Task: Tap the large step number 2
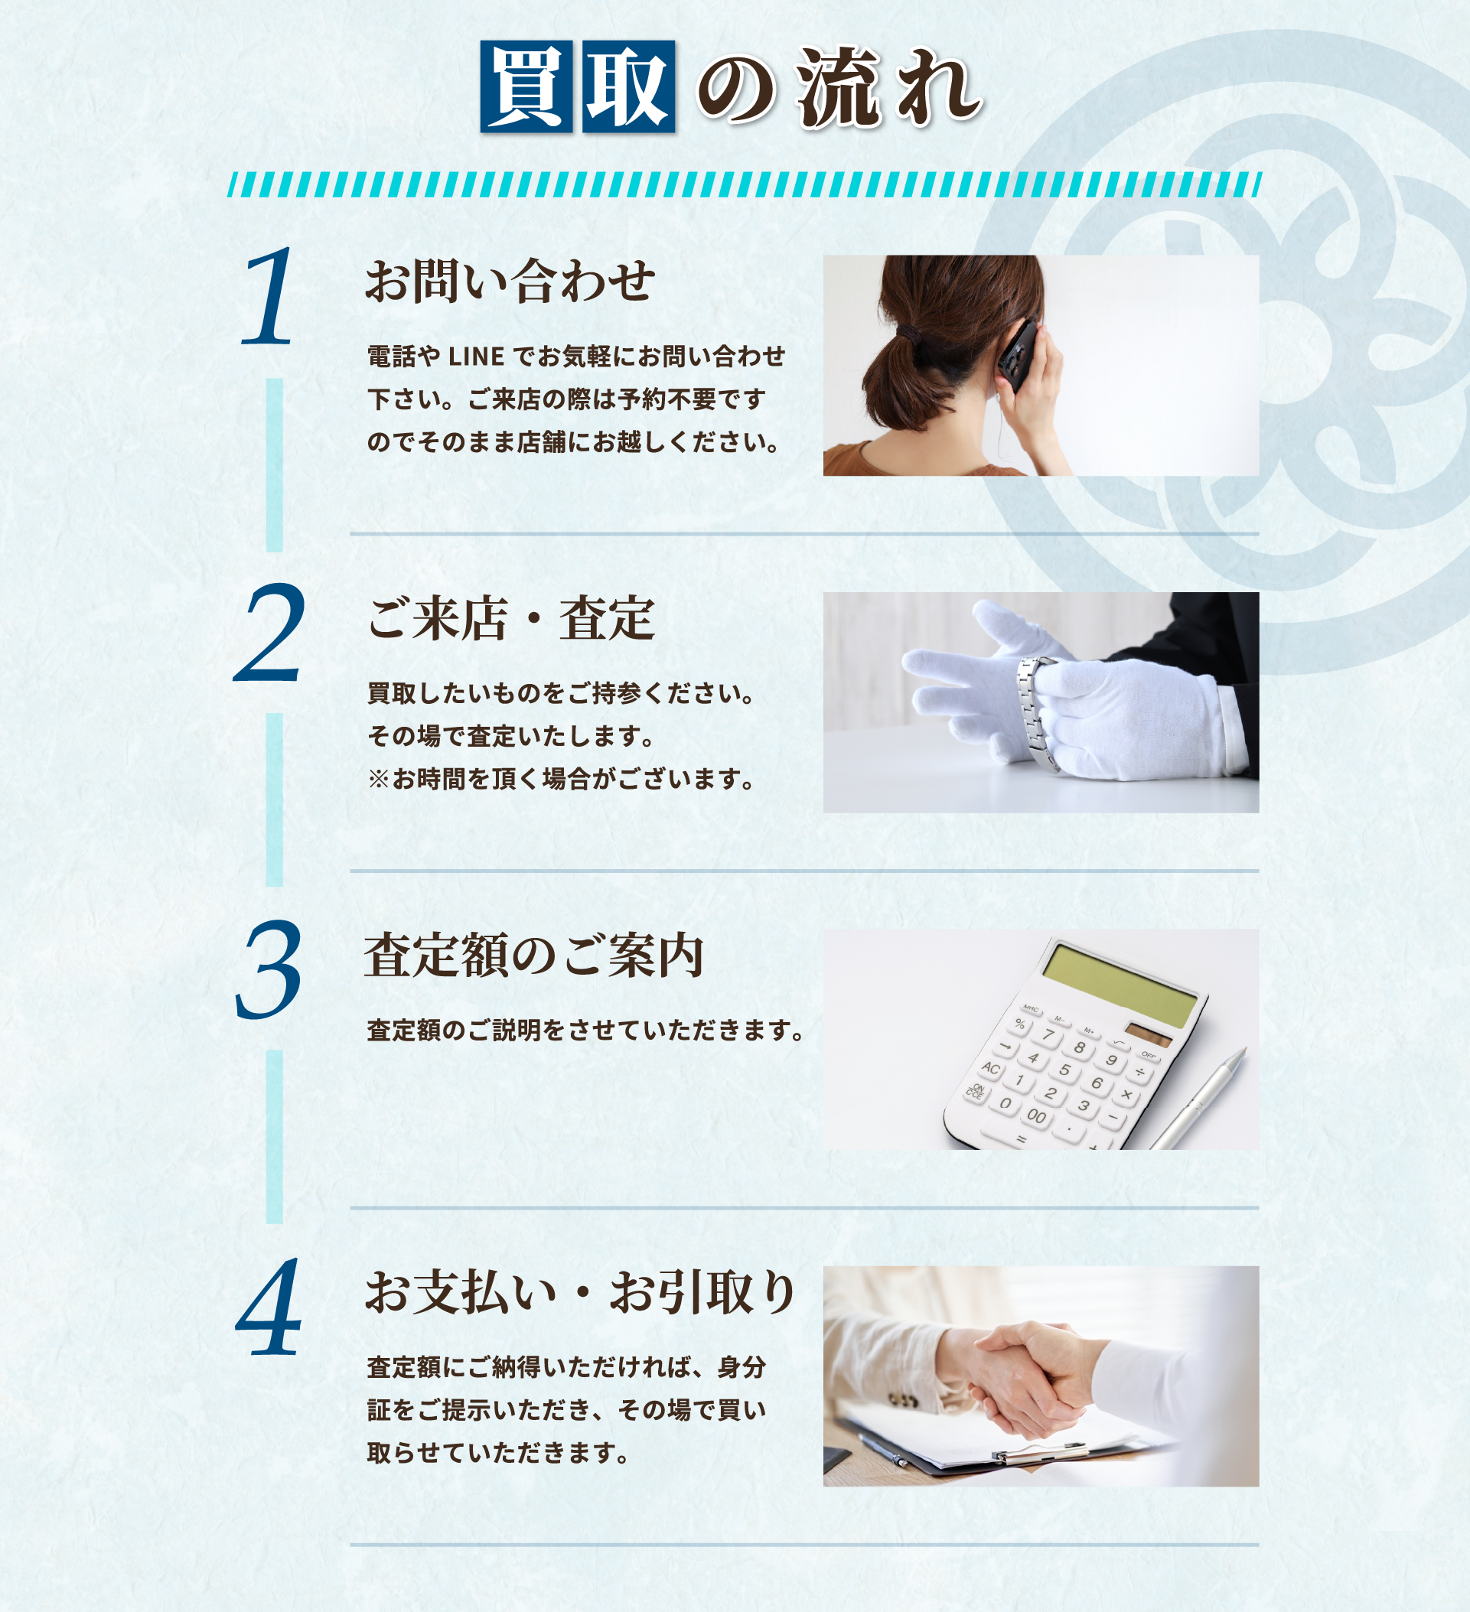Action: click(x=269, y=633)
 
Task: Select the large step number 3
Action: click(x=269, y=970)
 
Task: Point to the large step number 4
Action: click(x=269, y=1307)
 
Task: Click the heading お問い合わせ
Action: click(x=510, y=282)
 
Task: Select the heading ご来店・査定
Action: click(x=510, y=618)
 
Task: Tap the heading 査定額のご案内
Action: click(x=533, y=956)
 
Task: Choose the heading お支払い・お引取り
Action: click(x=580, y=1292)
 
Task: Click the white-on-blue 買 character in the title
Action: click(x=526, y=86)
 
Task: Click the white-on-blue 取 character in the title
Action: click(x=628, y=86)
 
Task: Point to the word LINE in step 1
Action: click(x=476, y=357)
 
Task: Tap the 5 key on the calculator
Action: click(x=1064, y=1070)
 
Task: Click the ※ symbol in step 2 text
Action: click(x=378, y=779)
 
